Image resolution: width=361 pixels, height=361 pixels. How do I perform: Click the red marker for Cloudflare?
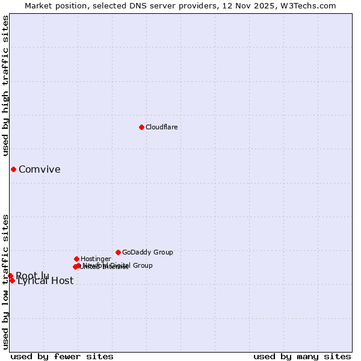(x=141, y=127)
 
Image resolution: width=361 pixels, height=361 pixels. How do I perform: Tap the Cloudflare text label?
(x=161, y=127)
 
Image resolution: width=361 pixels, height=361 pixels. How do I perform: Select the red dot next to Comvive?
(x=13, y=169)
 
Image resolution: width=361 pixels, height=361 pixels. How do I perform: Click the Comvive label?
(x=39, y=169)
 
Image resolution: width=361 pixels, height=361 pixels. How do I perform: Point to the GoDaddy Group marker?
(x=118, y=252)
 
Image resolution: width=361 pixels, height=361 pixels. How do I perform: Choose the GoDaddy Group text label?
(x=147, y=252)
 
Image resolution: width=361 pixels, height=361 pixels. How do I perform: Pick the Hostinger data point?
(x=76, y=259)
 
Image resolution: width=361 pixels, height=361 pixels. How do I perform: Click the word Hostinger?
(x=96, y=259)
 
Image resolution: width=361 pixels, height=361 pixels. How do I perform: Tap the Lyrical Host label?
(x=45, y=281)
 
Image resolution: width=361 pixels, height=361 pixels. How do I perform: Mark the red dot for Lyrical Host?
(x=12, y=280)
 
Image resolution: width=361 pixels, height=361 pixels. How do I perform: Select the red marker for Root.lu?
(x=10, y=276)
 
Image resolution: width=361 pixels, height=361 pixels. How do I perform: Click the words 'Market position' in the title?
(x=53, y=6)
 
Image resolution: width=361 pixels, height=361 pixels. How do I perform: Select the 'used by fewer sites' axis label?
(x=62, y=356)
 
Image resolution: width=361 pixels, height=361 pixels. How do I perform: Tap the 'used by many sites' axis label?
(x=302, y=356)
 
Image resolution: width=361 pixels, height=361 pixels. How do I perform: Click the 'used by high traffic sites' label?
(x=6, y=85)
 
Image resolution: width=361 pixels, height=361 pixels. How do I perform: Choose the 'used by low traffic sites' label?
(x=6, y=281)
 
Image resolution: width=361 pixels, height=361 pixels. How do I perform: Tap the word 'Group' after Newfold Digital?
(x=143, y=265)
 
